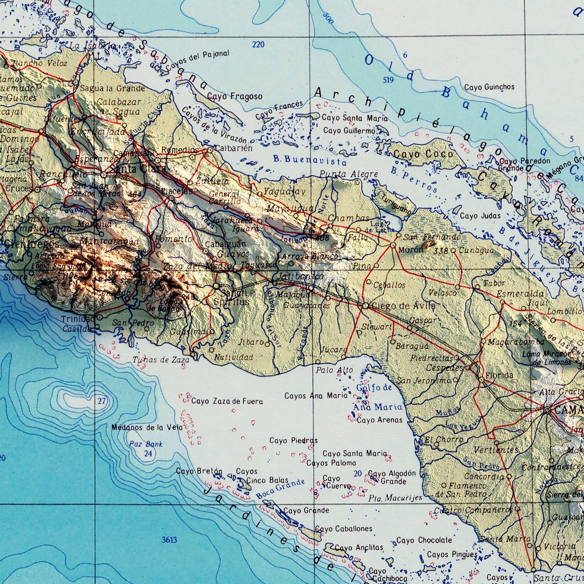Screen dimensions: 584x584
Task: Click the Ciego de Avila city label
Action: pyautogui.click(x=403, y=306)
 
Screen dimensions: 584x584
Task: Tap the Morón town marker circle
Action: pyautogui.click(x=393, y=245)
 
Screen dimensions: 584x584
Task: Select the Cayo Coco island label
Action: pyautogui.click(x=423, y=154)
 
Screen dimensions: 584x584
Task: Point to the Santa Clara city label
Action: pyautogui.click(x=137, y=169)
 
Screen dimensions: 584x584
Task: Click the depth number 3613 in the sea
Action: pyautogui.click(x=169, y=540)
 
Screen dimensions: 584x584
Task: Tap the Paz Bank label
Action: pyautogui.click(x=145, y=444)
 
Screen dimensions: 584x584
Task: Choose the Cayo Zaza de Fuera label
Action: pyautogui.click(x=227, y=401)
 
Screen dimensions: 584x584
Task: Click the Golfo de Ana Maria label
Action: pyautogui.click(x=377, y=397)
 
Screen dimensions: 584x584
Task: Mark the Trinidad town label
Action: pyautogui.click(x=78, y=319)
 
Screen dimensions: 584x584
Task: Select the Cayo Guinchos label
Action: pyautogui.click(x=489, y=87)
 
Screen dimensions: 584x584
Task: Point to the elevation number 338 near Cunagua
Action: pyautogui.click(x=441, y=251)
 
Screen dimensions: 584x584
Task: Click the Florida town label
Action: pyautogui.click(x=500, y=375)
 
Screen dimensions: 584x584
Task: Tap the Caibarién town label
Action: pyautogui.click(x=233, y=148)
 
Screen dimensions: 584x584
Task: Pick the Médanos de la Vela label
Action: pyautogui.click(x=147, y=427)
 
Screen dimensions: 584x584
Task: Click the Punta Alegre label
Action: pyautogui.click(x=348, y=174)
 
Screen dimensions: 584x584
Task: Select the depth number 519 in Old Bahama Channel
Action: pyautogui.click(x=388, y=80)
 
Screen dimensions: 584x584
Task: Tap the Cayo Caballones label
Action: pyautogui.click(x=344, y=529)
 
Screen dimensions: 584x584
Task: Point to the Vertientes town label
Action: pyautogui.click(x=495, y=450)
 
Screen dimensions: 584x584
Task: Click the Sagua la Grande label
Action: pyautogui.click(x=112, y=89)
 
